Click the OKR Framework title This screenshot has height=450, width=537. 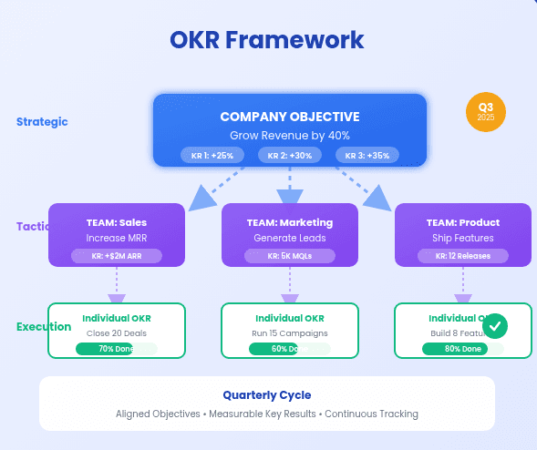point(267,40)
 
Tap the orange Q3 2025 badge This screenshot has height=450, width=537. point(485,112)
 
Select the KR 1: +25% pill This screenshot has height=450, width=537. point(212,155)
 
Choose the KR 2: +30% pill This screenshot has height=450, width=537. point(290,155)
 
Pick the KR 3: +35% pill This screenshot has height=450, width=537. point(367,155)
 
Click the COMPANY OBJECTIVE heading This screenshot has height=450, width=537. point(290,117)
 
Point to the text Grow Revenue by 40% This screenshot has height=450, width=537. point(290,135)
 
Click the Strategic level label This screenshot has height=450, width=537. point(42,122)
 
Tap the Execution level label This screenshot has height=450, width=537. point(44,327)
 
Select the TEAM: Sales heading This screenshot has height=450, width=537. point(117,222)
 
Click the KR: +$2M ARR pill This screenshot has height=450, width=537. point(117,256)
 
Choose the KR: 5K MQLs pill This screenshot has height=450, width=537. point(290,256)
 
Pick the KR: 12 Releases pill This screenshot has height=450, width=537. point(462,256)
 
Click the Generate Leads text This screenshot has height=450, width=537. point(290,239)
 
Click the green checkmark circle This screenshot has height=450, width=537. point(494,325)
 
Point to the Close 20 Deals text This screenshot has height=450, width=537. point(117,333)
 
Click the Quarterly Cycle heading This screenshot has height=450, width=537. point(267,395)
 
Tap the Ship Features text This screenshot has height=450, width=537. point(462,239)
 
